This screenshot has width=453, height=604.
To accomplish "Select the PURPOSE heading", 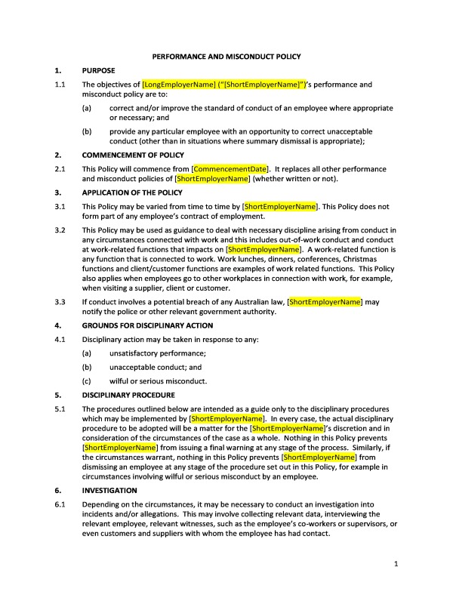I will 99,70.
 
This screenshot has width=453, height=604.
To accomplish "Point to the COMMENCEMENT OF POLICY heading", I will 133,154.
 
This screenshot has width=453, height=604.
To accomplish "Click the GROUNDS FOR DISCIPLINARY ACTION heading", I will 147,325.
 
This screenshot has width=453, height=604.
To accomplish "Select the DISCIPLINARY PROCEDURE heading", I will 128,395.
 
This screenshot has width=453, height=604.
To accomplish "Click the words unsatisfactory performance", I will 157,353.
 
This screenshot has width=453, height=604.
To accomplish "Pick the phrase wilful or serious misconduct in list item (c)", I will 158,381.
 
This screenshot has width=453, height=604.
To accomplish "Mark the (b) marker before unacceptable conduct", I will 88,367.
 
